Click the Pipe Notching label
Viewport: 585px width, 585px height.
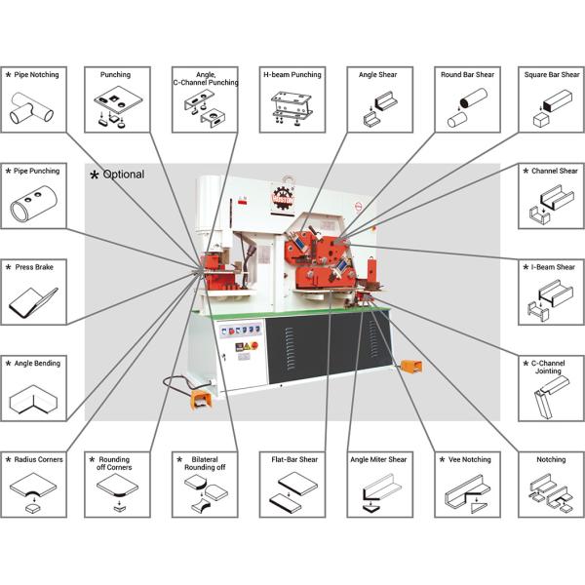[37, 75]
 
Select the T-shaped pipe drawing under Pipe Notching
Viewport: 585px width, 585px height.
[31, 108]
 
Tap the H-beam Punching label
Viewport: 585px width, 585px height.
[292, 75]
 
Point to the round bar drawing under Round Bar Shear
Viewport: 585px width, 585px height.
[467, 107]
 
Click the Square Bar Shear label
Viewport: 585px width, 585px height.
[552, 75]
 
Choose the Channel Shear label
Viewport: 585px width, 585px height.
[555, 171]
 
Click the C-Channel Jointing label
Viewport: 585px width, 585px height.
[548, 368]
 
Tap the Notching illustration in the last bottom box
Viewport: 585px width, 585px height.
[552, 493]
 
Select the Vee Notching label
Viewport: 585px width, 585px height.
[469, 459]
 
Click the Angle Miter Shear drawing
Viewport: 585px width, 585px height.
[380, 492]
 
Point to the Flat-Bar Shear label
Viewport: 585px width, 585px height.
[294, 459]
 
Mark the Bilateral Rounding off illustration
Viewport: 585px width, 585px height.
[207, 493]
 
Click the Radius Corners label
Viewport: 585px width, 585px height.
[38, 459]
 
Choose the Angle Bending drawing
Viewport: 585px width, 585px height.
[33, 400]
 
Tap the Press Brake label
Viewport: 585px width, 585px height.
[34, 267]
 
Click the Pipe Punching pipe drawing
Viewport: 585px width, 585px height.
[33, 204]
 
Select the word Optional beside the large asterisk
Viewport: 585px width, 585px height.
[124, 175]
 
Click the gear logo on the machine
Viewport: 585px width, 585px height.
[283, 197]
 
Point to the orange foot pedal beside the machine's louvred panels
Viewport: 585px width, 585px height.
[410, 367]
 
